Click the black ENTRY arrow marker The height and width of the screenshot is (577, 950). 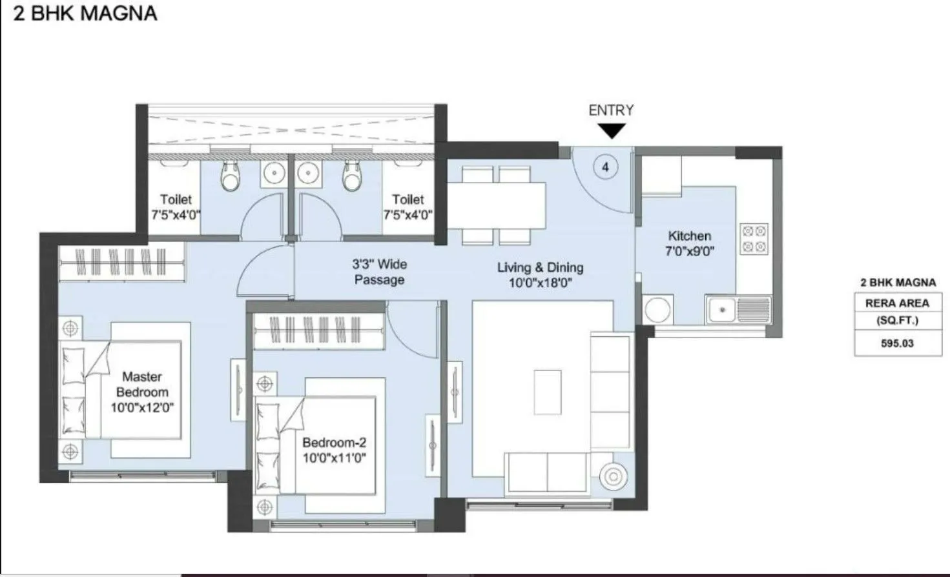tap(611, 132)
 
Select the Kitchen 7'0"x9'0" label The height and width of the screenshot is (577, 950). tap(689, 244)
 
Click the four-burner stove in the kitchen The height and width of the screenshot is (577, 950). tap(754, 239)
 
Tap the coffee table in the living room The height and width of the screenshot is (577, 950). tap(548, 392)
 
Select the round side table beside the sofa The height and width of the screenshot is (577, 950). tap(614, 477)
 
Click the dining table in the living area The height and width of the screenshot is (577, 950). tap(497, 205)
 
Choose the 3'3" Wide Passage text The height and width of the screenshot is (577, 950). tap(379, 272)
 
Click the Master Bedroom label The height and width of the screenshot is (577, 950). tap(142, 392)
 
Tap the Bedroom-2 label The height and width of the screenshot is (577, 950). tap(334, 450)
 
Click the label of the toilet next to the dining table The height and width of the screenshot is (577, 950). tap(408, 207)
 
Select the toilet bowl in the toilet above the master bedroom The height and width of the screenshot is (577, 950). tap(229, 176)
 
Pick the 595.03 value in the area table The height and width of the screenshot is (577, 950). tap(897, 343)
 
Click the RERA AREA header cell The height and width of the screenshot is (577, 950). tap(897, 303)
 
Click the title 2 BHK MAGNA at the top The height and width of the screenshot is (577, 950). tap(85, 14)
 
